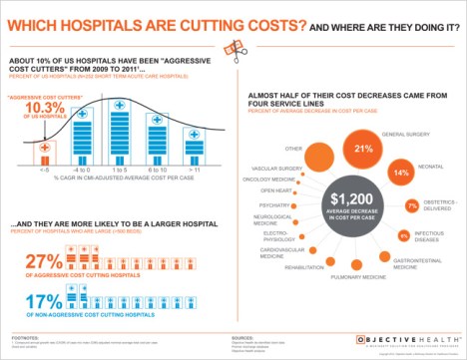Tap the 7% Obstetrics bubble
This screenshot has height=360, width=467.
(x=412, y=206)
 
